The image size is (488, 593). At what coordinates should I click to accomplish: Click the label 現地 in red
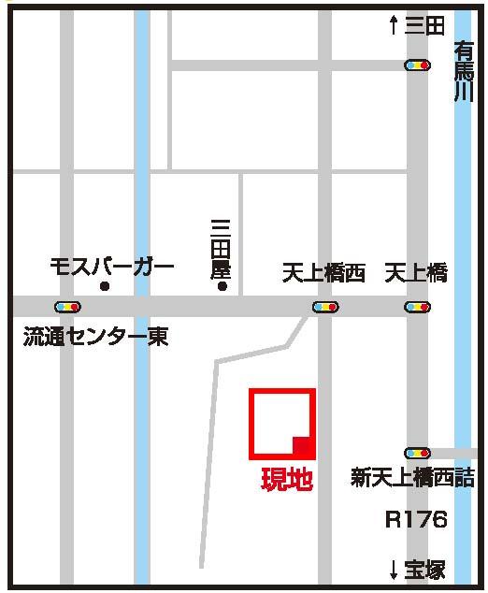point(285,481)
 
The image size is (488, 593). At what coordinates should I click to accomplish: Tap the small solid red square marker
point(302,446)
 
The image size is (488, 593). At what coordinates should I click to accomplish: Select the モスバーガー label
point(112,268)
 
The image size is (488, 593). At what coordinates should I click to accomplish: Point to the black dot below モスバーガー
point(105,286)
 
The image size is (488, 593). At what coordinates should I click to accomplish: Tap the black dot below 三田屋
point(222,286)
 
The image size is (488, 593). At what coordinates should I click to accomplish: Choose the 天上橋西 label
point(323,274)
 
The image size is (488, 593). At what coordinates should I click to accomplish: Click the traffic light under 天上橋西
point(324,306)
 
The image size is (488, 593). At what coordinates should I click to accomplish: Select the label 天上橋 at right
point(417,274)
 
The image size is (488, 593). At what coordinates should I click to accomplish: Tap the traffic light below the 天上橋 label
point(417,306)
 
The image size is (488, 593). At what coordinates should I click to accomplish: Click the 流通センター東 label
point(95,337)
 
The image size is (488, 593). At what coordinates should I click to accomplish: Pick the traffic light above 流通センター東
point(67,306)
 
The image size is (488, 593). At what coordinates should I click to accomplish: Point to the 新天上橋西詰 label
point(412,478)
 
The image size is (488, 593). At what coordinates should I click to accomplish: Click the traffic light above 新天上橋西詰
point(417,453)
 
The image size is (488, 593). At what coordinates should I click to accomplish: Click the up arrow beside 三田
point(394,26)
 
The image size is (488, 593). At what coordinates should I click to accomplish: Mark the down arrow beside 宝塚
point(395,569)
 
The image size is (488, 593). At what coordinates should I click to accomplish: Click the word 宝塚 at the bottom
point(425,569)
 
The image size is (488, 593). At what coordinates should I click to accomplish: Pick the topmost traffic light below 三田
point(417,65)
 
